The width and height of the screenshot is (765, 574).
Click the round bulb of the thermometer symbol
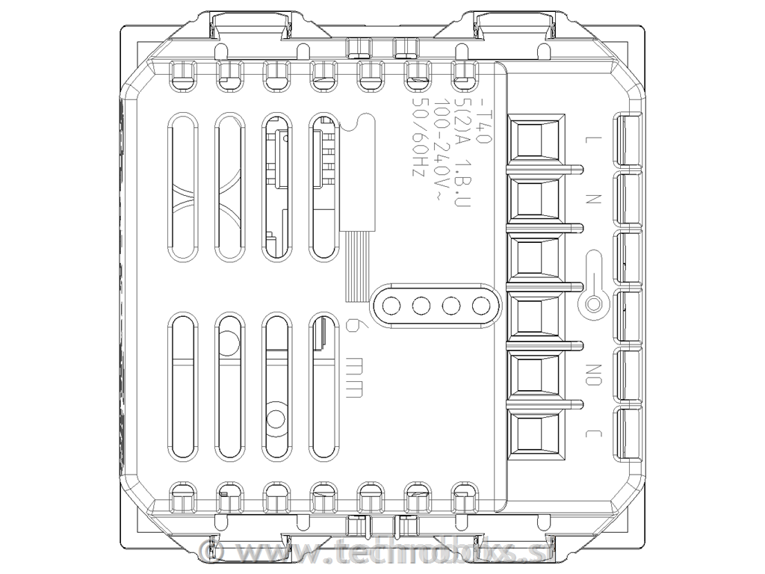(x=594, y=304)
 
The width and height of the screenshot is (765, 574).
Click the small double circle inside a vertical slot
(x=276, y=419)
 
